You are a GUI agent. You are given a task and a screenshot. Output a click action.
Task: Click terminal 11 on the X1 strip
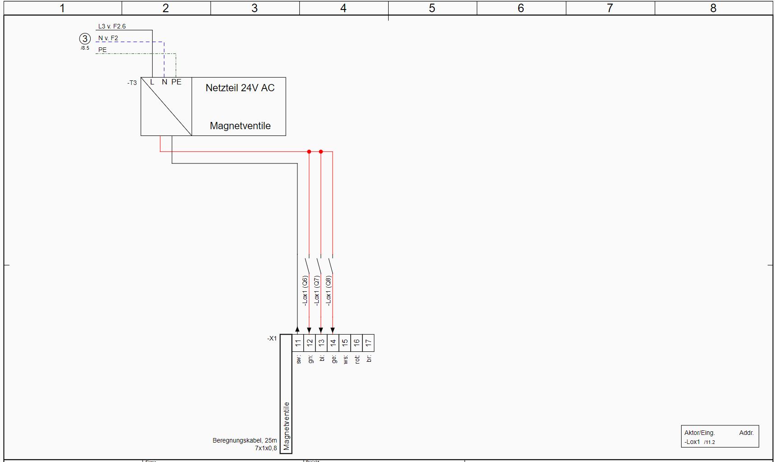click(298, 343)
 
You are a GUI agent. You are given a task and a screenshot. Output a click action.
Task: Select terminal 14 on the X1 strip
click(333, 343)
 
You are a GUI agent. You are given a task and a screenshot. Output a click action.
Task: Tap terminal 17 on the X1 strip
click(368, 343)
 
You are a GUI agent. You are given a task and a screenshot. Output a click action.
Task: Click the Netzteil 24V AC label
click(240, 88)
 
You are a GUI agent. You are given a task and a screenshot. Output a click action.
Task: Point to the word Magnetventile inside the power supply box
click(240, 126)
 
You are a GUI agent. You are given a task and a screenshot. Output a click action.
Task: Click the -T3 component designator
click(132, 83)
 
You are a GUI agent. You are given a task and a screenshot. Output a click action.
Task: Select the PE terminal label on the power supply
click(176, 82)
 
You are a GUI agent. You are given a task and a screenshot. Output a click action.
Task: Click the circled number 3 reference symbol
click(85, 39)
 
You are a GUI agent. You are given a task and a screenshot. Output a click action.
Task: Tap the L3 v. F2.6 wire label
click(112, 27)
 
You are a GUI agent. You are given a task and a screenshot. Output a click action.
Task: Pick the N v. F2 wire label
click(108, 38)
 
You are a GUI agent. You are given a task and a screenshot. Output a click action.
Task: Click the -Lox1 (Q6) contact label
click(305, 291)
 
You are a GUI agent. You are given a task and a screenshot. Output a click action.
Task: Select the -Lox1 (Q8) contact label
click(329, 291)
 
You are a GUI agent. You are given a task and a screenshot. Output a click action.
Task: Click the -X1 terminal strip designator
click(272, 338)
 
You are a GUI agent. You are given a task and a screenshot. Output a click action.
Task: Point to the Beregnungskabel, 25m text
click(245, 440)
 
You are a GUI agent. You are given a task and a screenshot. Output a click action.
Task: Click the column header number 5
click(432, 8)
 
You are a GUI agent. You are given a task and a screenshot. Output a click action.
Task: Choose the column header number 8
click(713, 8)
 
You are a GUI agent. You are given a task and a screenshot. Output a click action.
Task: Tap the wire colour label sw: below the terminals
click(298, 359)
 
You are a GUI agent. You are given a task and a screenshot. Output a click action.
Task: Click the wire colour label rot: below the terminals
click(357, 359)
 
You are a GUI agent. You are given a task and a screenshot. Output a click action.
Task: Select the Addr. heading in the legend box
click(746, 433)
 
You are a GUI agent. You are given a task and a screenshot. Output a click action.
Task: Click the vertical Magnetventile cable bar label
click(286, 426)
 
